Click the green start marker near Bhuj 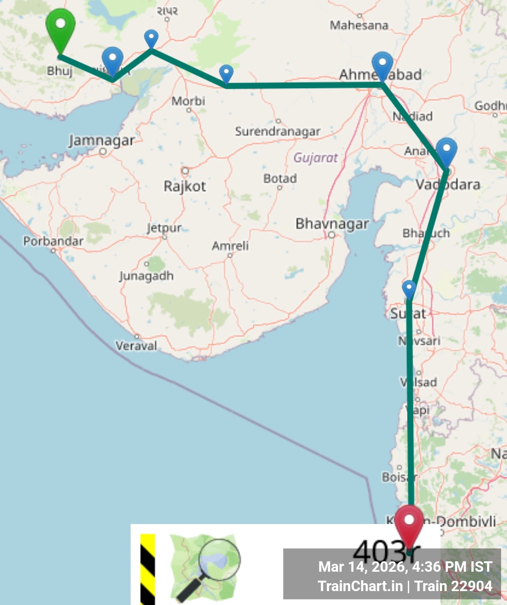(x=60, y=27)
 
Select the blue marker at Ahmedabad (x=382, y=65)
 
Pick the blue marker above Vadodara (x=446, y=151)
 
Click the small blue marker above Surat (x=409, y=289)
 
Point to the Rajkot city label (x=185, y=186)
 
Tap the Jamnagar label (x=102, y=141)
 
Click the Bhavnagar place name (x=332, y=224)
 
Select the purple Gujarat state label (x=315, y=158)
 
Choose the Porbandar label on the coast (x=53, y=241)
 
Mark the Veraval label (x=136, y=346)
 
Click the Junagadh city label (x=146, y=276)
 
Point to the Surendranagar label (x=278, y=132)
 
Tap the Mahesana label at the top (x=359, y=25)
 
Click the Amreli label (x=230, y=246)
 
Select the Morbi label (x=188, y=101)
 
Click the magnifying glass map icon (x=205, y=568)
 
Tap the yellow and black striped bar (x=147, y=569)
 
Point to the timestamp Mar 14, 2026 (x=362, y=567)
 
